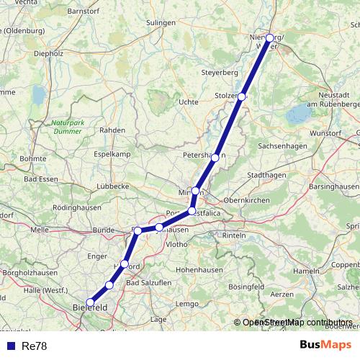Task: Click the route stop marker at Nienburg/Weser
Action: point(270,38)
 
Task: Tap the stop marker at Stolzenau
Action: point(242,96)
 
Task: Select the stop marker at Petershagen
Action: point(215,157)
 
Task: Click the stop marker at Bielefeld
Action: point(90,302)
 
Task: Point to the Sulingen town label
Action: point(160,23)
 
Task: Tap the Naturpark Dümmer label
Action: point(69,127)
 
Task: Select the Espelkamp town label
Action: point(112,154)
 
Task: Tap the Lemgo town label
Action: point(186,304)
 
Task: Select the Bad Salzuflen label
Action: point(149,283)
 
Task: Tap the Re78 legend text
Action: point(34,346)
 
